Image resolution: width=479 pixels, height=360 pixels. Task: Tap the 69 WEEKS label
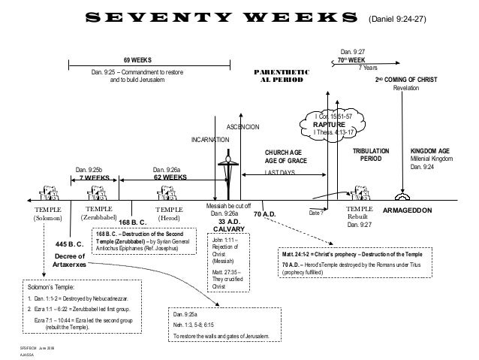point(137,58)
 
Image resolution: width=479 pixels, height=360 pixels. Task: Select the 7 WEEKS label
point(95,178)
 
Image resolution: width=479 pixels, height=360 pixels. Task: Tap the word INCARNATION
point(212,139)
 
